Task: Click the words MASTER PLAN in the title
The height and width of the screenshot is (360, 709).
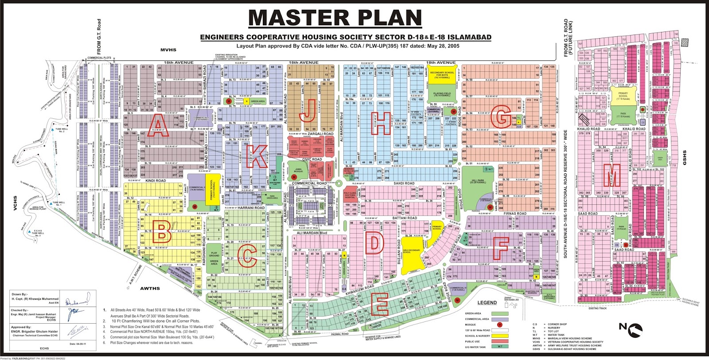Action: [x=335, y=19]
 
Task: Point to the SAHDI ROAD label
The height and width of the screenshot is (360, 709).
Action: [x=404, y=183]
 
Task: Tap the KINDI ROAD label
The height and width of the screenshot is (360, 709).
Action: [x=155, y=181]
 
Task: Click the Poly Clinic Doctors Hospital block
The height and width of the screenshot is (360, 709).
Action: [x=350, y=195]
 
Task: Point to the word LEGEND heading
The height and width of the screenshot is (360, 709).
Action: [x=487, y=303]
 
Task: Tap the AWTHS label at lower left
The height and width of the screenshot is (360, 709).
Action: [x=150, y=289]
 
